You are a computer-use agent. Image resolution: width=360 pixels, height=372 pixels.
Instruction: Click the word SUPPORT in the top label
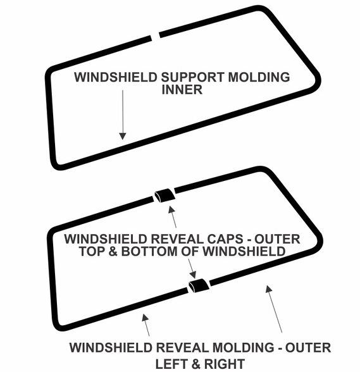(192, 77)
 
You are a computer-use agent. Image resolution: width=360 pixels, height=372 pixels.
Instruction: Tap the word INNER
(182, 90)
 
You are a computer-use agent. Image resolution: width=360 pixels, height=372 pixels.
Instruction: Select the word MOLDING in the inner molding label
(259, 77)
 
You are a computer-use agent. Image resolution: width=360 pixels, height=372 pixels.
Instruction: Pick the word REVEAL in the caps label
(176, 239)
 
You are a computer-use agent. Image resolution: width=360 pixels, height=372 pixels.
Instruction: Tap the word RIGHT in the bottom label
(224, 364)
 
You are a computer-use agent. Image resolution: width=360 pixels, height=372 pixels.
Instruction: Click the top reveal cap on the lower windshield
(165, 195)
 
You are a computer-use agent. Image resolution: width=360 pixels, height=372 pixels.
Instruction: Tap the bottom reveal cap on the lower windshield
(199, 286)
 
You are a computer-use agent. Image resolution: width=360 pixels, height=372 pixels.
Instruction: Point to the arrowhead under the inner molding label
(123, 136)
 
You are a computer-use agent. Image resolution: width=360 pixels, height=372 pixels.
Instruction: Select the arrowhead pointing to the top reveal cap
(171, 209)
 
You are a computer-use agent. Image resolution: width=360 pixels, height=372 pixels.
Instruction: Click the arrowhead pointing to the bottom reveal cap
(194, 275)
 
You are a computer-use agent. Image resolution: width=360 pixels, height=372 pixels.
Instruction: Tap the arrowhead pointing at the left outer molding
(146, 318)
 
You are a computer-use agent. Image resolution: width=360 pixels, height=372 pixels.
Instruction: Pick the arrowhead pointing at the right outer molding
(268, 289)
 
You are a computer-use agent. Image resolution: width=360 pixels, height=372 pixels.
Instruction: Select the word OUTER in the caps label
(277, 239)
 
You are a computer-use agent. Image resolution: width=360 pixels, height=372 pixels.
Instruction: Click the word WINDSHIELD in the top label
(116, 77)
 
